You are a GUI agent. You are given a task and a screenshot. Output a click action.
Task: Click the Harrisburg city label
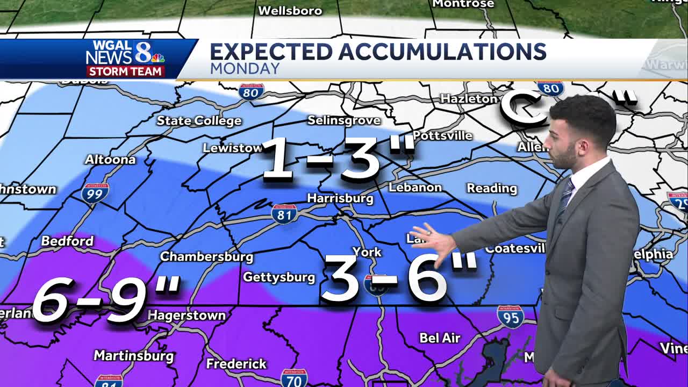[340, 198]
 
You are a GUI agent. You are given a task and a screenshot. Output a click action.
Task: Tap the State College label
[199, 120]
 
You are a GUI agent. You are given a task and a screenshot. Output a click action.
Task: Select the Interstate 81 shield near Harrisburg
[284, 213]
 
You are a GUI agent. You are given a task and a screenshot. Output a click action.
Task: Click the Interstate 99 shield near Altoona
[95, 192]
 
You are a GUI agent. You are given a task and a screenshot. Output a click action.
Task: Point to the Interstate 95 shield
[510, 317]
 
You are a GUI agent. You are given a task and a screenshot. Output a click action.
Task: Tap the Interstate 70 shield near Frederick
[293, 378]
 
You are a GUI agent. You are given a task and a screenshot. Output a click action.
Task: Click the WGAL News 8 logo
[125, 53]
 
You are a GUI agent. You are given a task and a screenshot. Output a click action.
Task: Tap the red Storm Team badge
[125, 71]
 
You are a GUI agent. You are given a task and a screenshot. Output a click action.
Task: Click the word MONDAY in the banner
[245, 69]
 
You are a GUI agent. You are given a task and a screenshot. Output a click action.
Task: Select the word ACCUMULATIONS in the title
[442, 52]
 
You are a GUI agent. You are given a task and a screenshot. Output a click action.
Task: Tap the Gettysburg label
[279, 277]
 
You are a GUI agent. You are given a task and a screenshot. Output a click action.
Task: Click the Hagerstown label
[187, 315]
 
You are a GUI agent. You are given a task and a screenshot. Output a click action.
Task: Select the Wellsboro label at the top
[290, 10]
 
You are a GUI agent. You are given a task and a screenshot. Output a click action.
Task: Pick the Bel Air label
[440, 338]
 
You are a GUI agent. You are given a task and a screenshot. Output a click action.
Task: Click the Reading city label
[491, 188]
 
